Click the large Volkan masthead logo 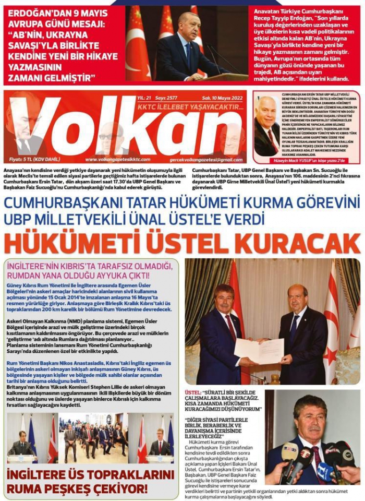click(x=125, y=128)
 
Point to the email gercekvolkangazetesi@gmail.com click(x=206, y=159)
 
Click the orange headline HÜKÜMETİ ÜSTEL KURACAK click(x=182, y=243)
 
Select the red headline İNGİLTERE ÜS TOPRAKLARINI click(x=90, y=474)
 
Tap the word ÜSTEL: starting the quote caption click(x=193, y=391)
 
